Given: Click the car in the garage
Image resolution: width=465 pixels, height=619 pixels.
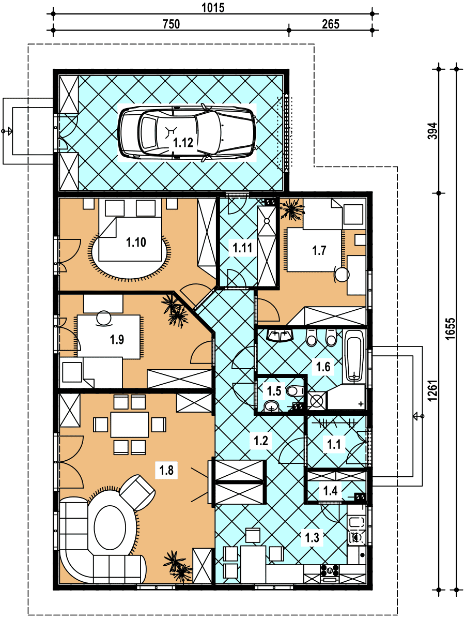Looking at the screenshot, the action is (x=187, y=132).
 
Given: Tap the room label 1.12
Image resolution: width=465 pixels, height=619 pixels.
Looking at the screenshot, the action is (x=183, y=143).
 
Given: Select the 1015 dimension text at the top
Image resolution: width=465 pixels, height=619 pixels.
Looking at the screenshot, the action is (x=213, y=8).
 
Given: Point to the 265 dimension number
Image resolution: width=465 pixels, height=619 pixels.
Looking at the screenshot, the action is (x=331, y=24).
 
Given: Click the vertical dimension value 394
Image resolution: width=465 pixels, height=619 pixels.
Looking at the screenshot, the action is (x=433, y=131).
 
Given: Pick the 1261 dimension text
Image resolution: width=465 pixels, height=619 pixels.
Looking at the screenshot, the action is (x=432, y=391).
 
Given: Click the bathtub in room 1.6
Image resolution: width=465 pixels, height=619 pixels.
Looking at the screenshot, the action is (x=354, y=356).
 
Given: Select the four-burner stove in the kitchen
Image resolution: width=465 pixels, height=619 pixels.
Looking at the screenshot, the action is (x=330, y=570).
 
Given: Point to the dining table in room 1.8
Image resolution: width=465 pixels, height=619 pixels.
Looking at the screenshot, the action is (x=130, y=425).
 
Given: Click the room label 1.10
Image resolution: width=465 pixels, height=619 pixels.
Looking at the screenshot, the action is (x=136, y=242).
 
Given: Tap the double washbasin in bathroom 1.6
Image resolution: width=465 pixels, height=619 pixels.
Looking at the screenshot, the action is (x=280, y=335).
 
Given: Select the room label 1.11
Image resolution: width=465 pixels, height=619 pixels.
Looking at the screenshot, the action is (x=242, y=248).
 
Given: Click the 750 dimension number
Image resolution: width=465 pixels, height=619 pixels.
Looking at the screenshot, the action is (x=171, y=24).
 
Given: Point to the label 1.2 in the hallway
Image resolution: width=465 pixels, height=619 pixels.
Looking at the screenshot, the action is (x=261, y=440).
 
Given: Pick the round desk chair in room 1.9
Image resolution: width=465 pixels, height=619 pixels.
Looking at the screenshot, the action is (x=104, y=318).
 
